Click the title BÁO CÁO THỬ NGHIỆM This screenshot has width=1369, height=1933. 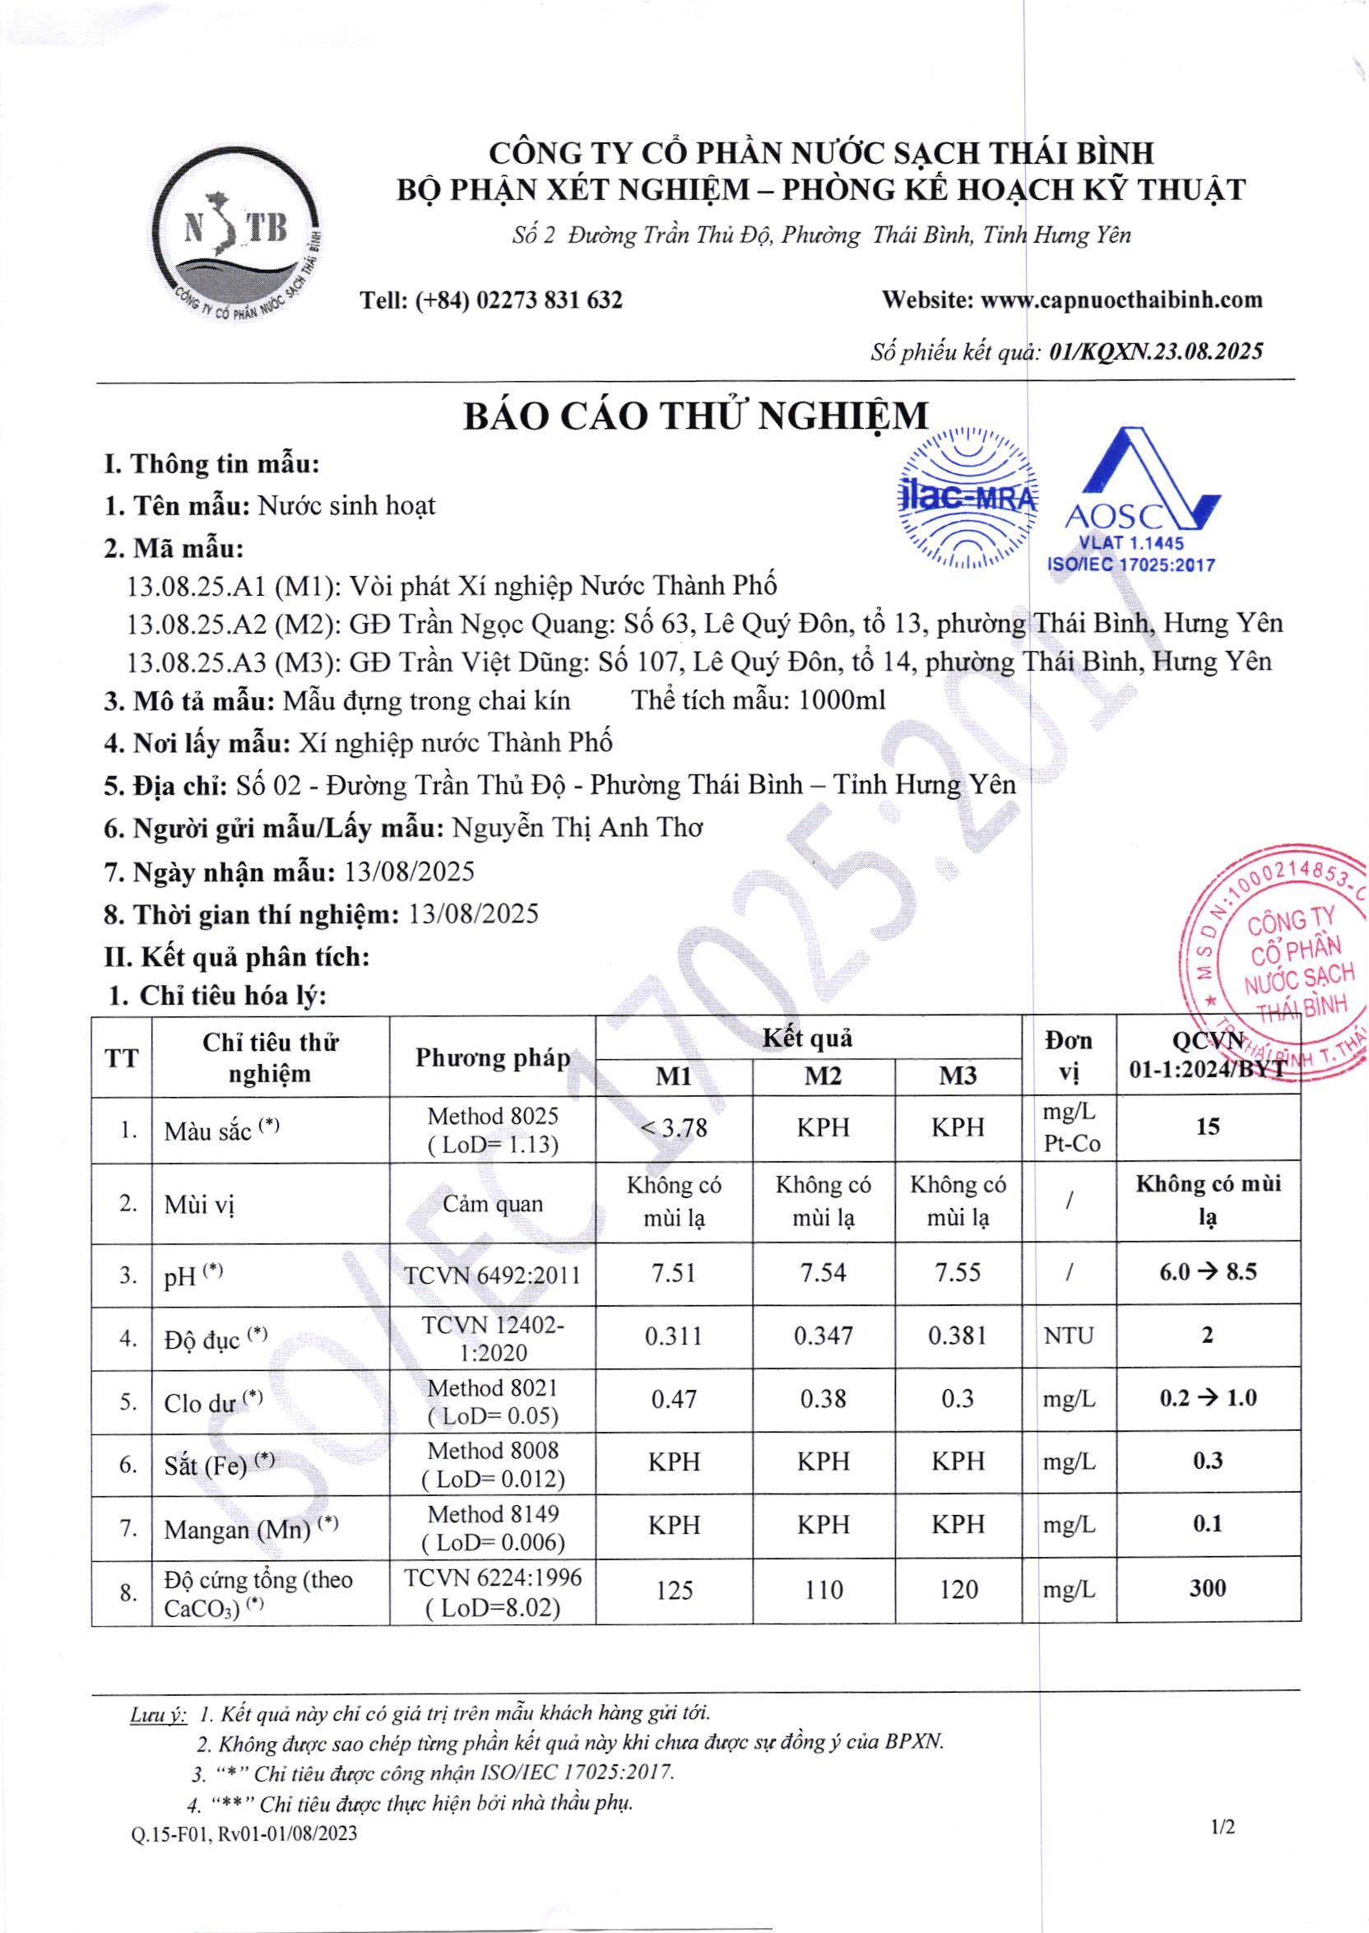[x=695, y=416]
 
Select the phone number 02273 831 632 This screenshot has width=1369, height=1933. [x=549, y=300]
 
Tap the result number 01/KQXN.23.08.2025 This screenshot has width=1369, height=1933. [x=1156, y=351]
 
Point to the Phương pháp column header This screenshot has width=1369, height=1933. [x=492, y=1058]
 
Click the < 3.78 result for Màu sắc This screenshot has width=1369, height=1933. [x=674, y=1127]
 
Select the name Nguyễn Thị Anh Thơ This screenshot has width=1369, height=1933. [x=578, y=828]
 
